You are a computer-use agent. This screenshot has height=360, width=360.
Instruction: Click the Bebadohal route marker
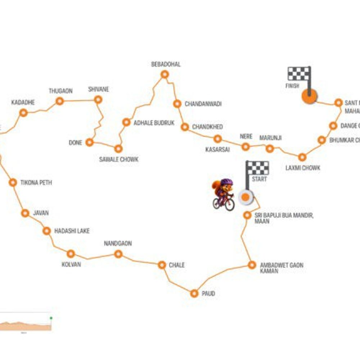(165, 75)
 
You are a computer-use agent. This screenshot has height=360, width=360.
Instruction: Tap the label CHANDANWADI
(203, 104)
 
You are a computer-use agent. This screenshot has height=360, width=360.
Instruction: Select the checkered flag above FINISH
(299, 73)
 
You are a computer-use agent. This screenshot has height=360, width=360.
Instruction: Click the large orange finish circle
(309, 96)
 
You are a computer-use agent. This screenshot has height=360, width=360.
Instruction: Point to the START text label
(259, 179)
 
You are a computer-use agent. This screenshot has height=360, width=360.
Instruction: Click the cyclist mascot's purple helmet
(226, 183)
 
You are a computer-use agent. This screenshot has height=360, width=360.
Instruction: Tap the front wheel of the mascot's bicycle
(229, 205)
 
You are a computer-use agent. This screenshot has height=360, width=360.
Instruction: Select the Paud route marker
(194, 293)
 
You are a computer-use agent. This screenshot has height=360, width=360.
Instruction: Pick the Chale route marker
(162, 265)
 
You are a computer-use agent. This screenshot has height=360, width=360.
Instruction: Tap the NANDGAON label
(118, 244)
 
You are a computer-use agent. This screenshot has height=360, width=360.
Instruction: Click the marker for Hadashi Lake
(46, 231)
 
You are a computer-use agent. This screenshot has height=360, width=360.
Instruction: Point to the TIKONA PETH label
(36, 183)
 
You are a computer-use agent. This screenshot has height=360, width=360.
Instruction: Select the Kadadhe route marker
(23, 113)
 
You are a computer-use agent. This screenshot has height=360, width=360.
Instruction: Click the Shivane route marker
(98, 100)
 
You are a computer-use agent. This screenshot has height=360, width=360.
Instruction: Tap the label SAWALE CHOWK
(118, 159)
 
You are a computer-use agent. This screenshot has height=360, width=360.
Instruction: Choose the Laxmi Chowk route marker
(302, 157)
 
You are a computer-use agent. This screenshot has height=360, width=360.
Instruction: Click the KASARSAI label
(217, 149)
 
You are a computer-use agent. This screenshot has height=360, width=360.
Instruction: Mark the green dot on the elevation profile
(51, 318)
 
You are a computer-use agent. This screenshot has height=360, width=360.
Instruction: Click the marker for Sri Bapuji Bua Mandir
(247, 215)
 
